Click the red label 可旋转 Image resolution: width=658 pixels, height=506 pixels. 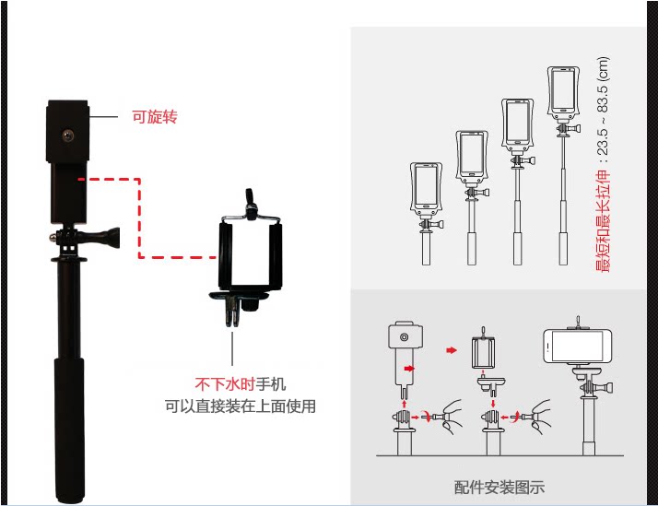pyautogui.click(x=155, y=117)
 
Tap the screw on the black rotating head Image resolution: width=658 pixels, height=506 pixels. pyautogui.click(x=68, y=135)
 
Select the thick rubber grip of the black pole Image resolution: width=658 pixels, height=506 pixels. pyautogui.click(x=69, y=430)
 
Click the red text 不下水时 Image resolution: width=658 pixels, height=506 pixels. pyautogui.click(x=225, y=384)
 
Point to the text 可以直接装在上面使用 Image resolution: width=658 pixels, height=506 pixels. pyautogui.click(x=240, y=406)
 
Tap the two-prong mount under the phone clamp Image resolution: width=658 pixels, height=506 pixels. pyautogui.click(x=233, y=312)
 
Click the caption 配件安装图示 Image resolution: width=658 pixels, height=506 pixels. pyautogui.click(x=499, y=488)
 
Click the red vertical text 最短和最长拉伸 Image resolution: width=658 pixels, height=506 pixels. pyautogui.click(x=603, y=221)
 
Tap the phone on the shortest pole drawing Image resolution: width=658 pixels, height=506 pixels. pyautogui.click(x=426, y=188)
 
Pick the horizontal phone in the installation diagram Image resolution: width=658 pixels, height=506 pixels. pyautogui.click(x=578, y=347)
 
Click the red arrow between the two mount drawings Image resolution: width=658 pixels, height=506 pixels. pyautogui.click(x=452, y=350)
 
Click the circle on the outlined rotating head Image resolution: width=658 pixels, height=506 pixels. pyautogui.click(x=405, y=337)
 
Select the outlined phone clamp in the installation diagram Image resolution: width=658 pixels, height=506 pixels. pyautogui.click(x=484, y=350)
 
